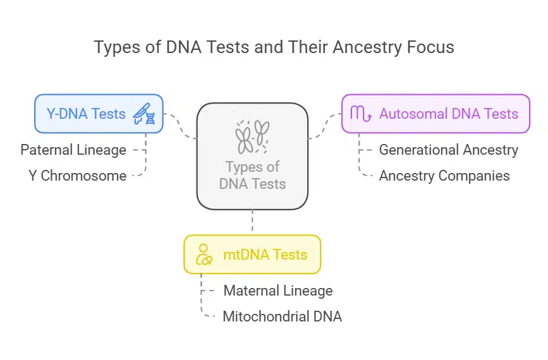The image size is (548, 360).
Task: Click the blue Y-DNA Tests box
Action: point(99,114)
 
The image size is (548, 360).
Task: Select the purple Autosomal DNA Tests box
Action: point(435,114)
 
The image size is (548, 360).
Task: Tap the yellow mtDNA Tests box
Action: point(252,255)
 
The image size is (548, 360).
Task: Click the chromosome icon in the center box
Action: point(252,137)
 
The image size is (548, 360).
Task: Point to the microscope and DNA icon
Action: point(145,114)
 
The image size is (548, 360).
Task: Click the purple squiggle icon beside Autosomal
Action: point(361,114)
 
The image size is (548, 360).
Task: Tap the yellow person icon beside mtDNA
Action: point(204,255)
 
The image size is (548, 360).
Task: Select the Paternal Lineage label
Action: point(73,150)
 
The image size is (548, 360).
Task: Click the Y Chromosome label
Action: point(78,176)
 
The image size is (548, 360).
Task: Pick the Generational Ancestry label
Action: point(448,150)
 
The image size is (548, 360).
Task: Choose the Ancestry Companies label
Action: point(444,176)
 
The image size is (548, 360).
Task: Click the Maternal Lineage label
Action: point(277,291)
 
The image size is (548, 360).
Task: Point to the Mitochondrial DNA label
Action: point(282,316)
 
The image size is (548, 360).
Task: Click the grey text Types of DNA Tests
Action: point(252,176)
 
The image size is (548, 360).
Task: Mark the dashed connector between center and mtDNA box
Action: point(252,222)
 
